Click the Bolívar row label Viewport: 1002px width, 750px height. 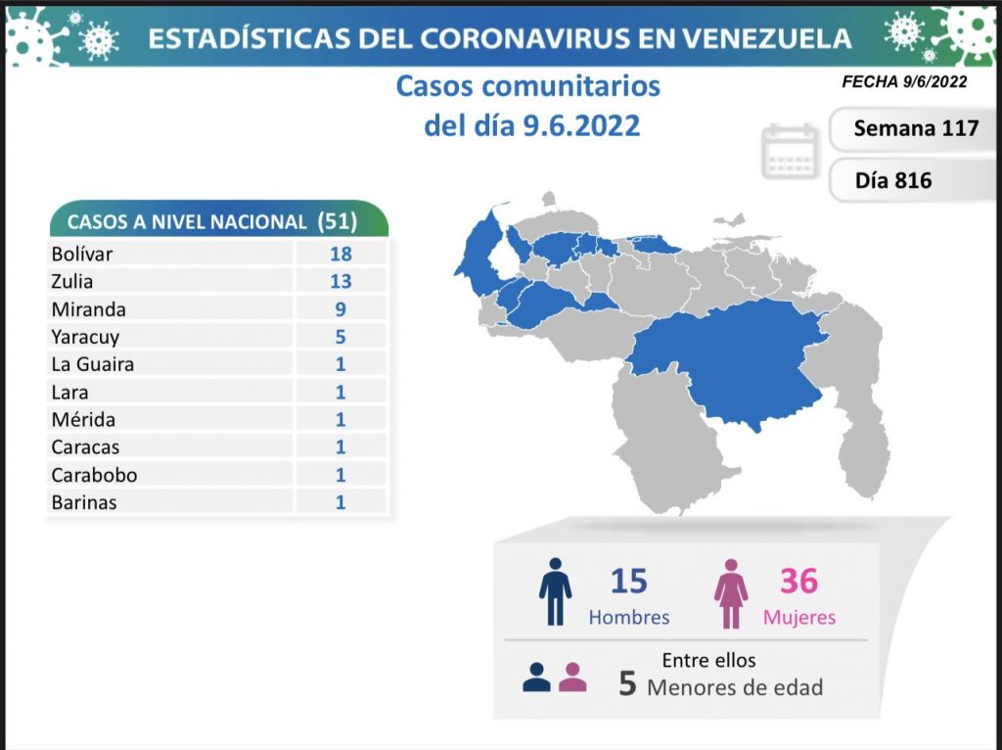tap(82, 254)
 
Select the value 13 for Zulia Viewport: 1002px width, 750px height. tap(341, 281)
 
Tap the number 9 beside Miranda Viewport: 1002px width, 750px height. tap(341, 309)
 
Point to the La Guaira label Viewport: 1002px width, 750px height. tap(93, 364)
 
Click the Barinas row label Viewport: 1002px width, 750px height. tap(84, 502)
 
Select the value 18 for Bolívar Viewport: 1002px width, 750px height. tap(341, 254)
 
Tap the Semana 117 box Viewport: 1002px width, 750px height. tap(915, 128)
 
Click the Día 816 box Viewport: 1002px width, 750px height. tap(892, 180)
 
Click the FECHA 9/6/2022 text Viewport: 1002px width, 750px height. tap(904, 82)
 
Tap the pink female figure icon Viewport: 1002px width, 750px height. tap(731, 591)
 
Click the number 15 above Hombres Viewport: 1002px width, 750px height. tap(628, 581)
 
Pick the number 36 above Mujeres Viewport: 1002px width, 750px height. tap(798, 581)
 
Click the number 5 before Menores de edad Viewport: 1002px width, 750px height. tap(628, 683)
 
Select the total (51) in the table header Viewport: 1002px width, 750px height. tap(338, 221)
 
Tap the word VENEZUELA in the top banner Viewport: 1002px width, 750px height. tap(768, 38)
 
